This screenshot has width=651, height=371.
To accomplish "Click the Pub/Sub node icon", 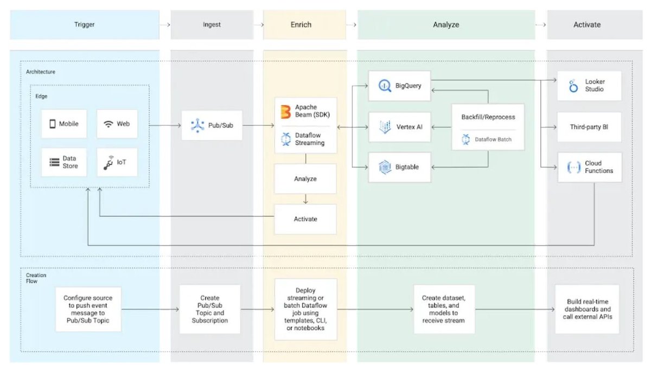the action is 197,125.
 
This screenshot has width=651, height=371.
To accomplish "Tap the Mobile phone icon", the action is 53,124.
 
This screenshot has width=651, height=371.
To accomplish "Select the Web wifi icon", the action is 108,124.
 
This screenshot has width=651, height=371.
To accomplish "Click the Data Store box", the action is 64,162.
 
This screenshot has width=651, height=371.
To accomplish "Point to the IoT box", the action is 117,162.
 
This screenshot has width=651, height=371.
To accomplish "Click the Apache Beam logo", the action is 286,112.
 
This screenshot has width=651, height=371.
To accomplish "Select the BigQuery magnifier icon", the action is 385,86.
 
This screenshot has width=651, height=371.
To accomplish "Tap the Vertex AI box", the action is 400,127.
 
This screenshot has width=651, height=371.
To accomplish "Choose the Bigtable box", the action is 400,167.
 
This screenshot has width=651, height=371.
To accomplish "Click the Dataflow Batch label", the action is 493,139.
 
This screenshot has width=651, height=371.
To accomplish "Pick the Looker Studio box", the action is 589,86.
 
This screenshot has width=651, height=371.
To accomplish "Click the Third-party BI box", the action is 589,127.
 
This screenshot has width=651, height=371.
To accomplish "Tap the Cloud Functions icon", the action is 574,168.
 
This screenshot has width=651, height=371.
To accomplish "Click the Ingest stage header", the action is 212,25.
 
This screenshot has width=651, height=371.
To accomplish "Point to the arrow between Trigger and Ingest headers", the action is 165,25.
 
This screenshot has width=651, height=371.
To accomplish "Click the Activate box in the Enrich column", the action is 305,219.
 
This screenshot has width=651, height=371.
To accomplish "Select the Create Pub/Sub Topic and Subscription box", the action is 210,309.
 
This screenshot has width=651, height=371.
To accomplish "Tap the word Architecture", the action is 41,72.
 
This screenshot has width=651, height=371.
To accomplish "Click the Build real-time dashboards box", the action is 588,309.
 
